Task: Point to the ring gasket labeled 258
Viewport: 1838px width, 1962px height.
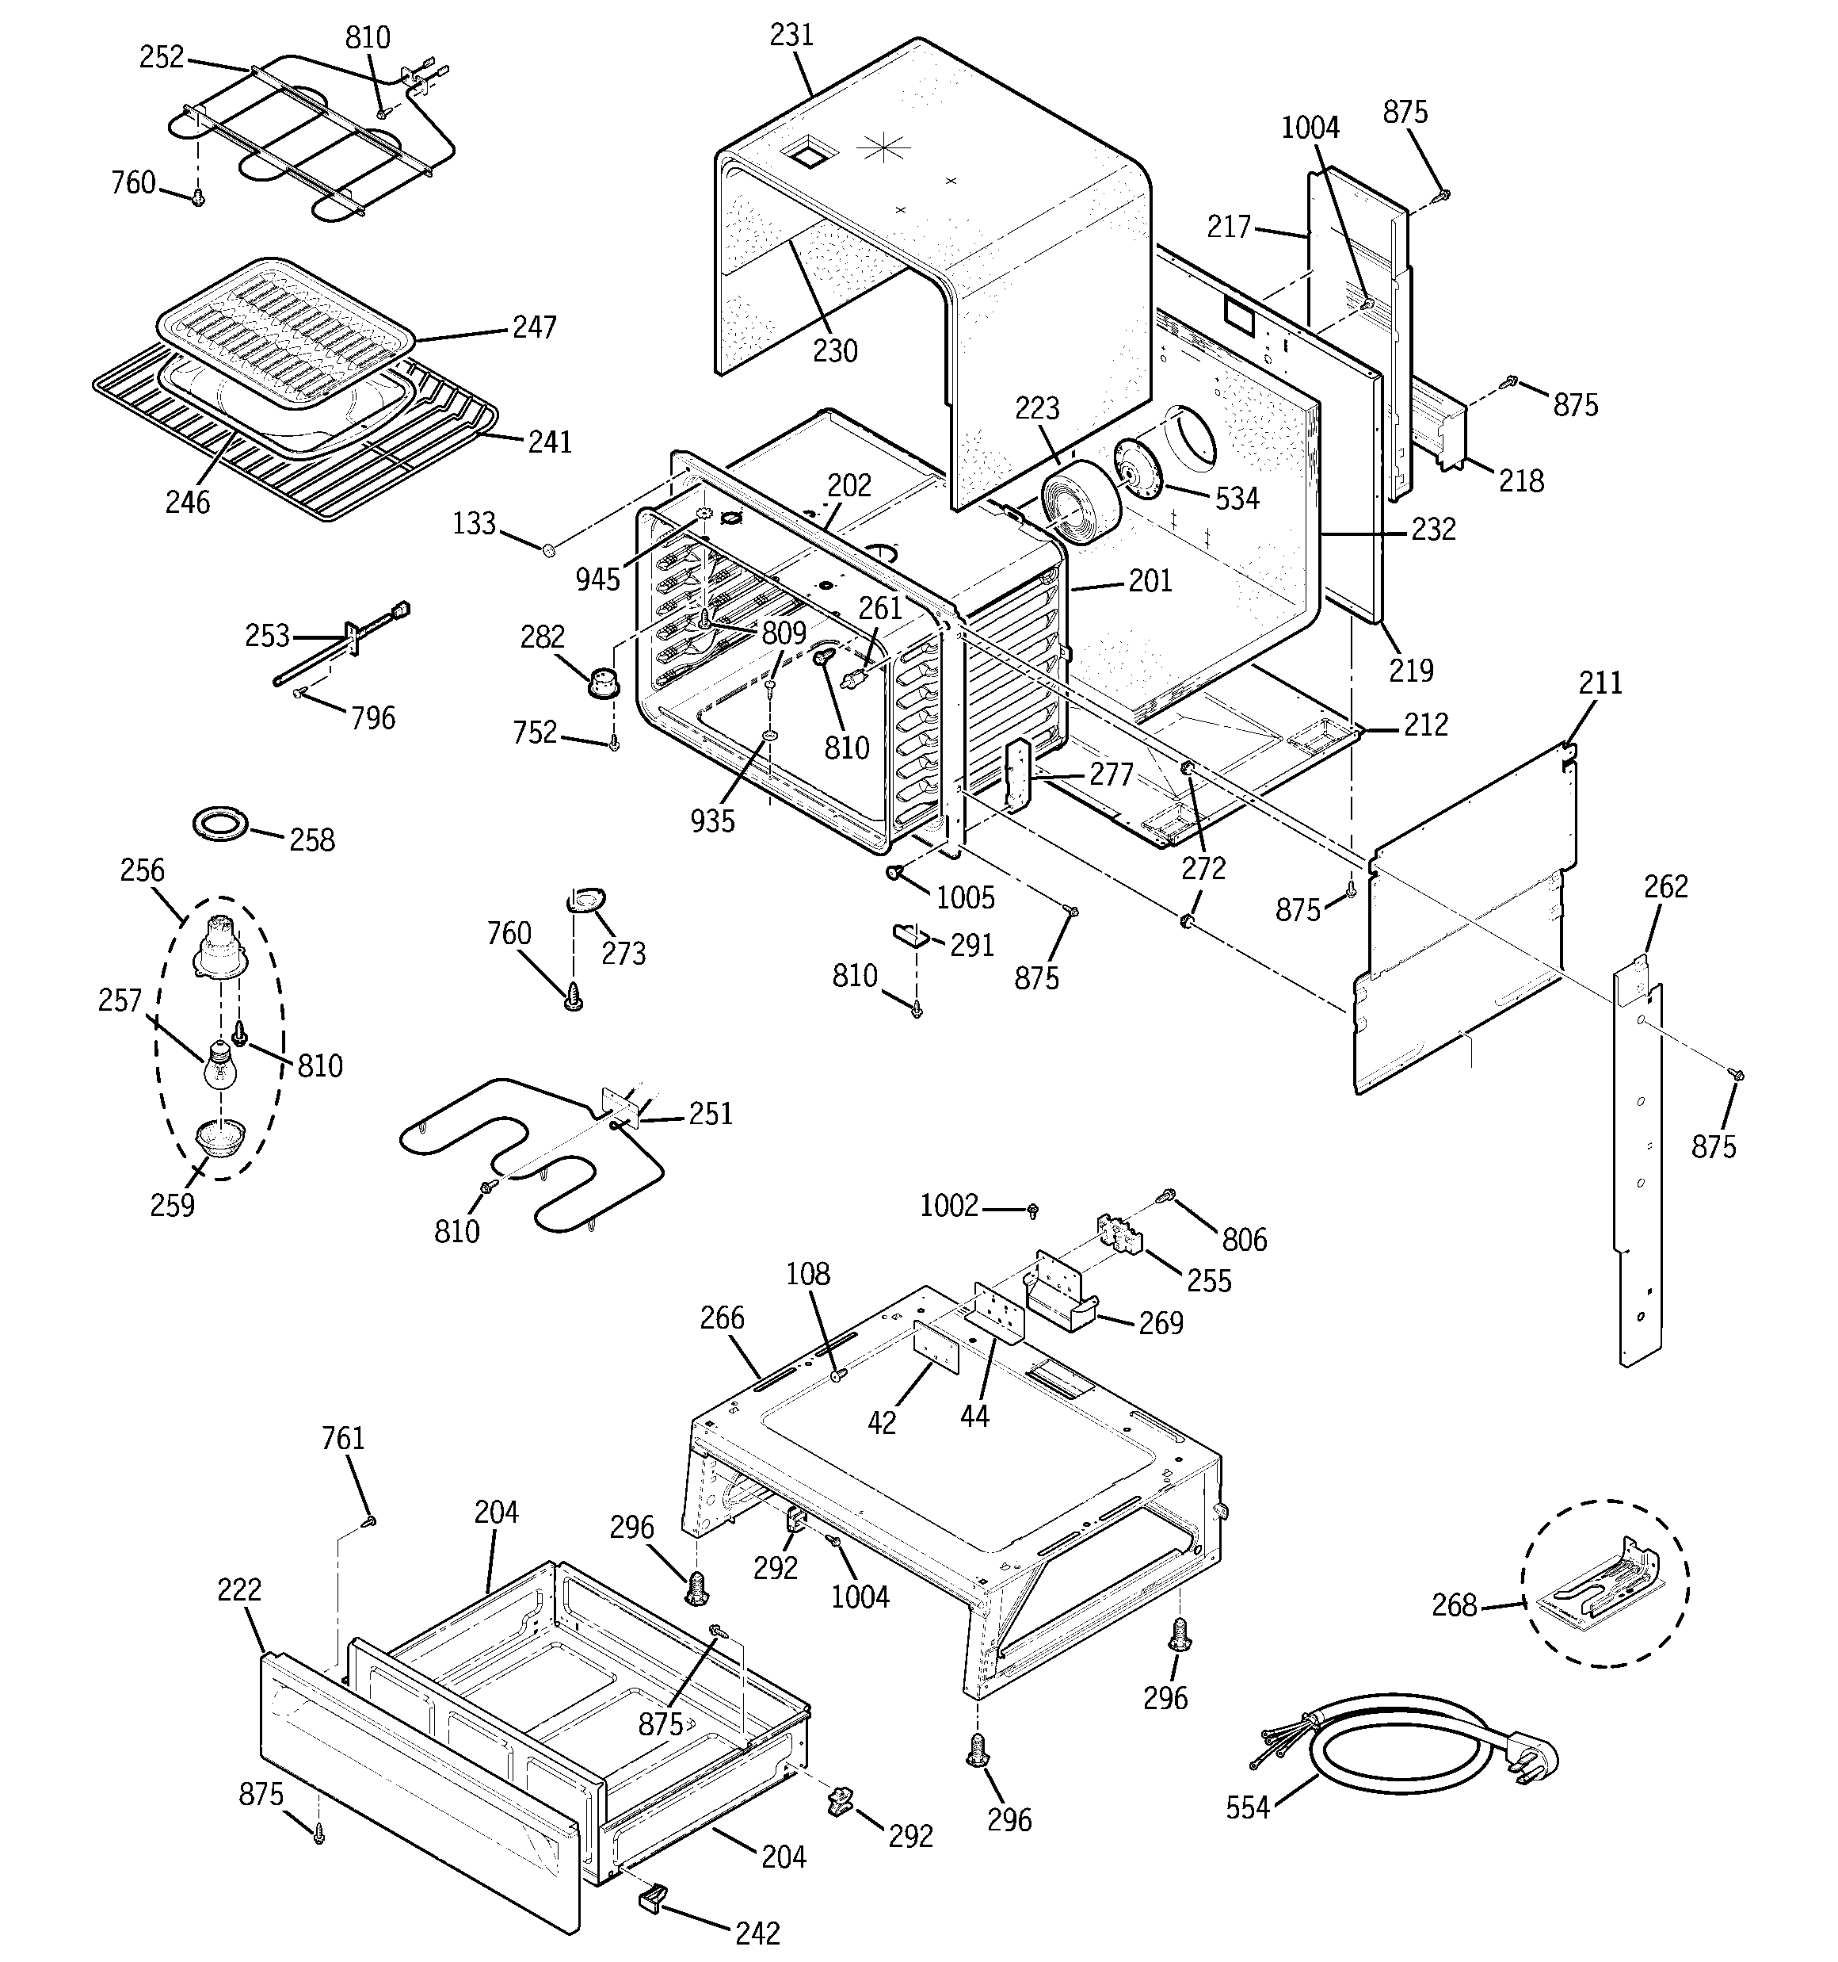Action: [x=220, y=823]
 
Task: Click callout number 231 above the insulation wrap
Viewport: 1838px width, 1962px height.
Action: [x=791, y=36]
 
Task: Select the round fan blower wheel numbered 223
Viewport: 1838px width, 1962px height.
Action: [x=1075, y=503]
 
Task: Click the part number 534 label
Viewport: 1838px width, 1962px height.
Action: [x=1236, y=499]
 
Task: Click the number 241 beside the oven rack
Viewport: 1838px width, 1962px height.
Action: [x=550, y=442]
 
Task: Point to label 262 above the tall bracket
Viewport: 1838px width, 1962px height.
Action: [x=1665, y=886]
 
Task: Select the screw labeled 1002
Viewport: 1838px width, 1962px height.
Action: [x=1033, y=1208]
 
